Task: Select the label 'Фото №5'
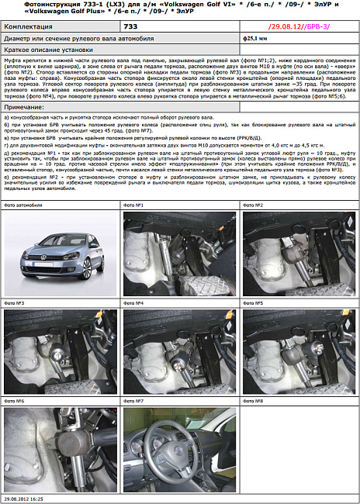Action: [x=254, y=303]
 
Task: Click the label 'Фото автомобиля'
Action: [x=21, y=205]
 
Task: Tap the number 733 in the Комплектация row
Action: [x=131, y=26]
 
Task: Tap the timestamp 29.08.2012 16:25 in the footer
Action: [x=24, y=500]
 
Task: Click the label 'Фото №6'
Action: [x=15, y=401]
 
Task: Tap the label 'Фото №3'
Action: [x=15, y=303]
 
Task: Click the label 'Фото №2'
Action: [x=254, y=205]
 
